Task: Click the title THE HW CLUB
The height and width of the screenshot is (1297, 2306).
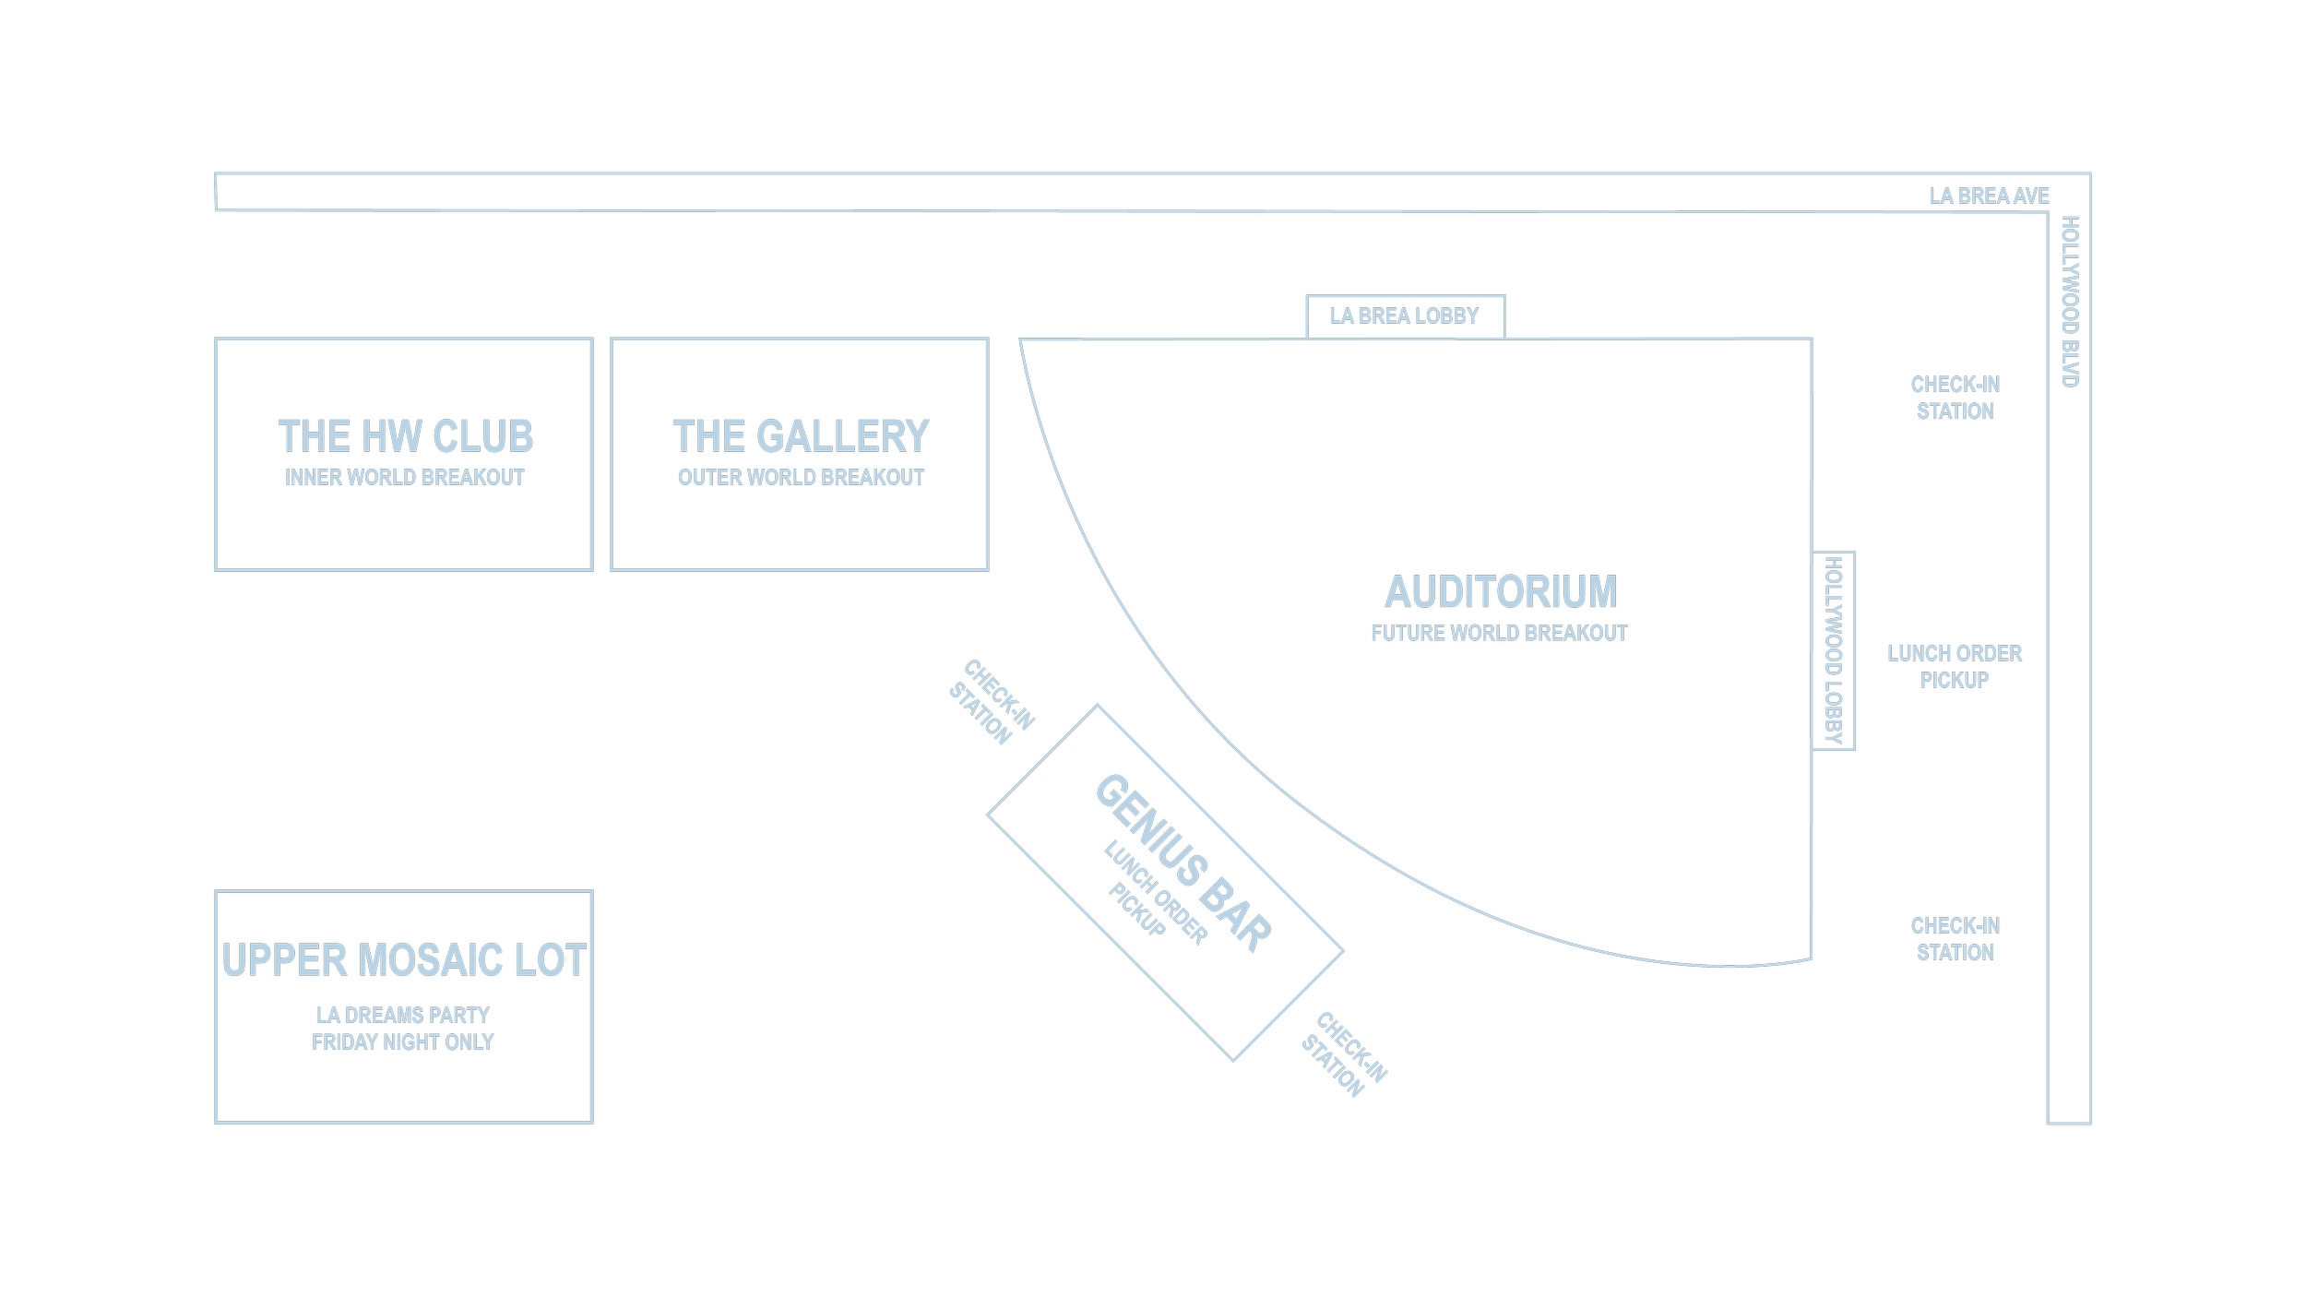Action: pos(406,436)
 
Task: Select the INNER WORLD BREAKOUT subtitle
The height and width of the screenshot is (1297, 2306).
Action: pos(404,478)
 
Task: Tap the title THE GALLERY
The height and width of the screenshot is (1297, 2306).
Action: pos(801,436)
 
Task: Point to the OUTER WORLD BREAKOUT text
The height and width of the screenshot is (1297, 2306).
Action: pos(801,478)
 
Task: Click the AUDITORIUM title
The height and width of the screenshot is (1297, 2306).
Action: pos(1501,592)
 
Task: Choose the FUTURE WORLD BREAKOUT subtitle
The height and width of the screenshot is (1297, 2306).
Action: pos(1499,634)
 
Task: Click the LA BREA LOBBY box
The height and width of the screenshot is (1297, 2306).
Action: pos(1404,316)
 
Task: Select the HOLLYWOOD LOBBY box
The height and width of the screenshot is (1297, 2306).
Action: pos(1833,650)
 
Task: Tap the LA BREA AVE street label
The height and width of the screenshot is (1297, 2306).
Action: pos(1989,196)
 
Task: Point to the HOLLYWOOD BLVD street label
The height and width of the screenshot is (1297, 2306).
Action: pos(2069,302)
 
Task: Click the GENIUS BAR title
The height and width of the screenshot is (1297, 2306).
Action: pos(1183,862)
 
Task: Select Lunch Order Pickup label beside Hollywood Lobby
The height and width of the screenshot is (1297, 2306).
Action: pos(1954,667)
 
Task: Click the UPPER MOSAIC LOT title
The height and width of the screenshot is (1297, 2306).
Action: pos(404,960)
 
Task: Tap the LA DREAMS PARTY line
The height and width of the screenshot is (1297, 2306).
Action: pos(402,1016)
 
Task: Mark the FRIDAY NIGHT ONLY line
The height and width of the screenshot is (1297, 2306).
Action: pos(402,1042)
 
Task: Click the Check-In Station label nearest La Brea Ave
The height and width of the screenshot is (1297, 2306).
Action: pos(1955,398)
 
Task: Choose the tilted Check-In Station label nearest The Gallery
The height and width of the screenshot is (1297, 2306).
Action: pos(991,702)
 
